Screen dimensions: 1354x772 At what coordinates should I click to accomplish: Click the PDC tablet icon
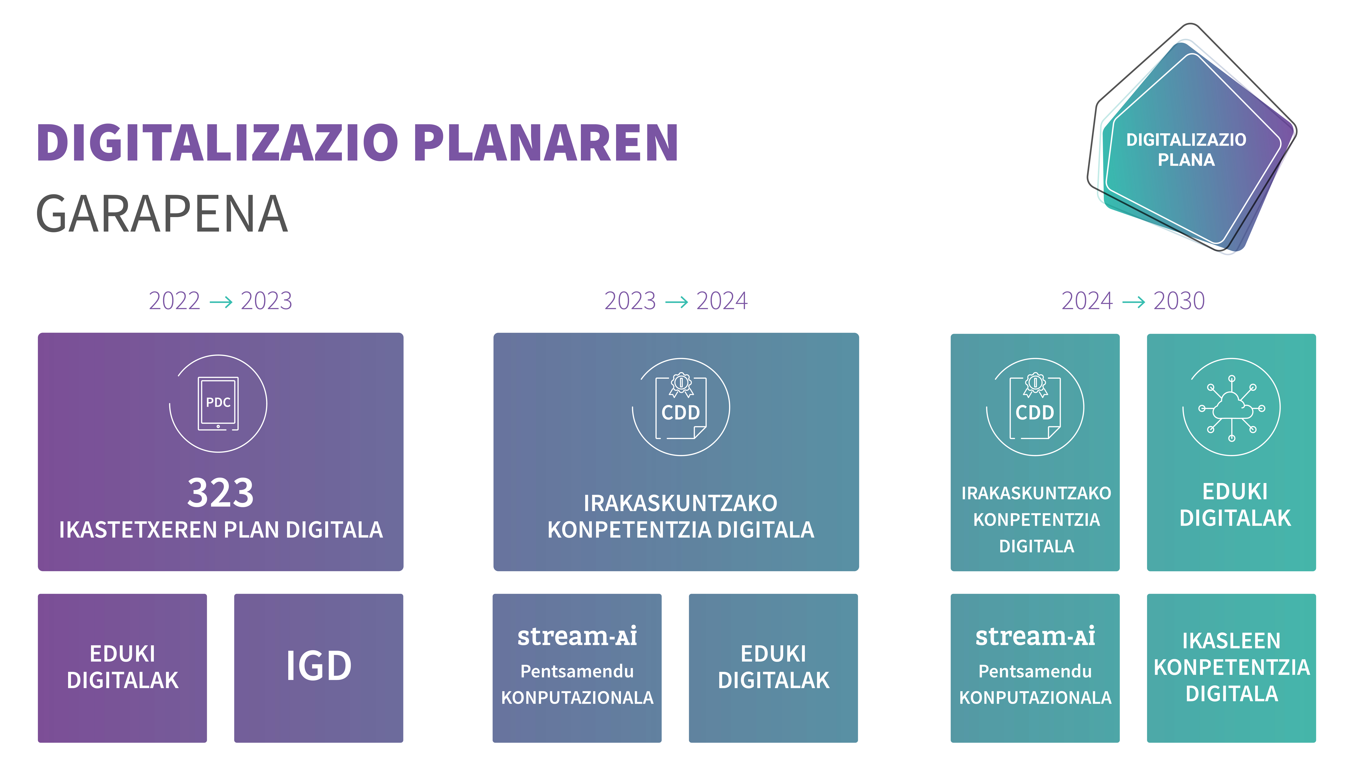coord(218,403)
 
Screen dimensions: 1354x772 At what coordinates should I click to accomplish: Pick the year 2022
coord(175,301)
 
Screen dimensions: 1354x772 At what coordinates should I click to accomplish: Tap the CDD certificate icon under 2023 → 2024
coord(681,406)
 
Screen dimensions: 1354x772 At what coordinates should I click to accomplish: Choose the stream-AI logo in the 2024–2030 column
coord(1035,636)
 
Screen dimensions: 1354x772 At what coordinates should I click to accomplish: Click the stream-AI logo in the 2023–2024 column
coord(577,636)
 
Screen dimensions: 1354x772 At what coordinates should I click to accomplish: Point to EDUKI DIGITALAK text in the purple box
coord(123,667)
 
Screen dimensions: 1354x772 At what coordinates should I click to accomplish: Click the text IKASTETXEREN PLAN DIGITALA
coord(221,530)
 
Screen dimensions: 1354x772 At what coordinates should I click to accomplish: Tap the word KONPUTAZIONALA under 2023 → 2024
coord(577,697)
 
